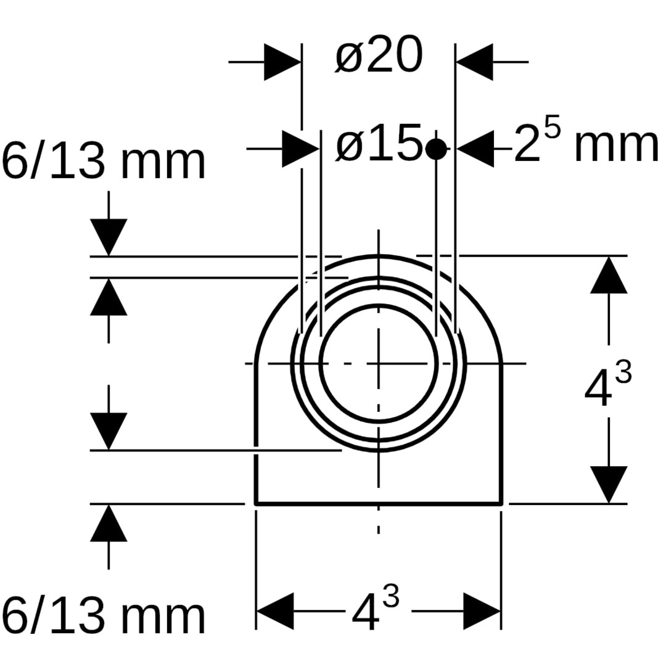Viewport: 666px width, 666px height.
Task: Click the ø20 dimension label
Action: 379,55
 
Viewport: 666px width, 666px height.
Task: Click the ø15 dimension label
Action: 379,143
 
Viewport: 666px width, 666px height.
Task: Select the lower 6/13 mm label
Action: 104,615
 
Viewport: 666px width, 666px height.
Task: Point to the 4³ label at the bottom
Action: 376,608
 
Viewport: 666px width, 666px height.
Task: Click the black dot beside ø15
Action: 436,149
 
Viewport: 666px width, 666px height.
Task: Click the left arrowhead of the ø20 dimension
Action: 282,62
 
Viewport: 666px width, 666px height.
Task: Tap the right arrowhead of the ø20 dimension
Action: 474,62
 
